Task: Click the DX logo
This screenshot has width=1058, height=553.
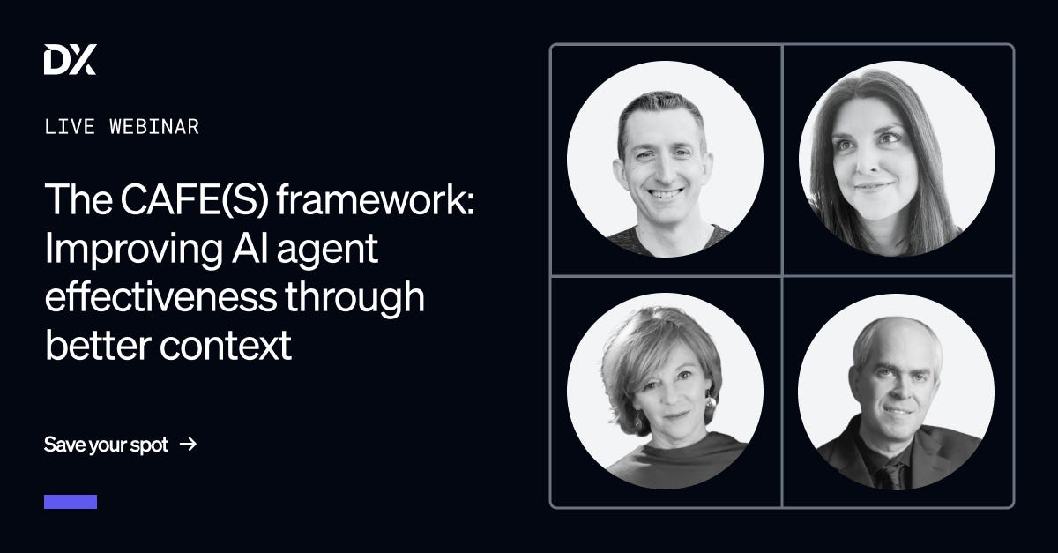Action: (x=70, y=59)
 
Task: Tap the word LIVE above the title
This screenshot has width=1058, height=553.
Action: (x=70, y=127)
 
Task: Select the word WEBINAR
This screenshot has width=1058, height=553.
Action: (x=154, y=127)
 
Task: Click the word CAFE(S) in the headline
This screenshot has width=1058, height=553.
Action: (x=195, y=199)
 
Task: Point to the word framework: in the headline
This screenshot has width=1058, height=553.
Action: (x=376, y=199)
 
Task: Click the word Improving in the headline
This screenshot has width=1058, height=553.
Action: (x=134, y=249)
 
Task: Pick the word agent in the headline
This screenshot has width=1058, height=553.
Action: (x=327, y=250)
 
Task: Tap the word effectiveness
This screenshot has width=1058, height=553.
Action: (x=160, y=296)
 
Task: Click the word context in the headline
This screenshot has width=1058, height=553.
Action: (x=226, y=346)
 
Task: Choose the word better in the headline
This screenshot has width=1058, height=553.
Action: (x=98, y=345)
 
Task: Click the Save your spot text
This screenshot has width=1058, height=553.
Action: (x=107, y=445)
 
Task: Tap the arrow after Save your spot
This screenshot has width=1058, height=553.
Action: (x=189, y=444)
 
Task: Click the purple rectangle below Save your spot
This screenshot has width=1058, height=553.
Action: (x=71, y=502)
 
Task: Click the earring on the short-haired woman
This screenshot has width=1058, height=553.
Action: (x=711, y=403)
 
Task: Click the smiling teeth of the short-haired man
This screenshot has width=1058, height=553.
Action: (x=666, y=193)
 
